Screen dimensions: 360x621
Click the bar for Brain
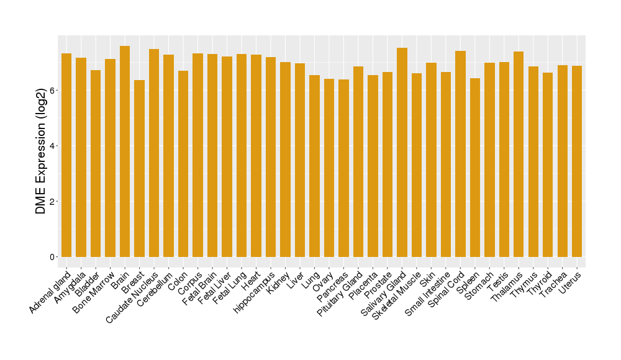click(125, 151)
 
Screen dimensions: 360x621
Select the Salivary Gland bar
click(402, 152)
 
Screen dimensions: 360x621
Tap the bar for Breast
click(139, 168)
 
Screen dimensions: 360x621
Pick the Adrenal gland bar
click(66, 155)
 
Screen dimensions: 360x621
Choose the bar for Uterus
click(577, 161)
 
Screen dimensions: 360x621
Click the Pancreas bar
click(343, 168)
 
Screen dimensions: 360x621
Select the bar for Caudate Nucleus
click(154, 153)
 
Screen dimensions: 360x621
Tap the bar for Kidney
click(285, 160)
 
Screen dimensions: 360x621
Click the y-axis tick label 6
click(53, 91)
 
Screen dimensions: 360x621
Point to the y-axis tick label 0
click(53, 257)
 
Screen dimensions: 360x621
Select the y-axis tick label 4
click(53, 146)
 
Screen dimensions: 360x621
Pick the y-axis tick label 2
click(53, 202)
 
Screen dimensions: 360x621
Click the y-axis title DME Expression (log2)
click(40, 146)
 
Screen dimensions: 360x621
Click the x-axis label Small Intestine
click(427, 296)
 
